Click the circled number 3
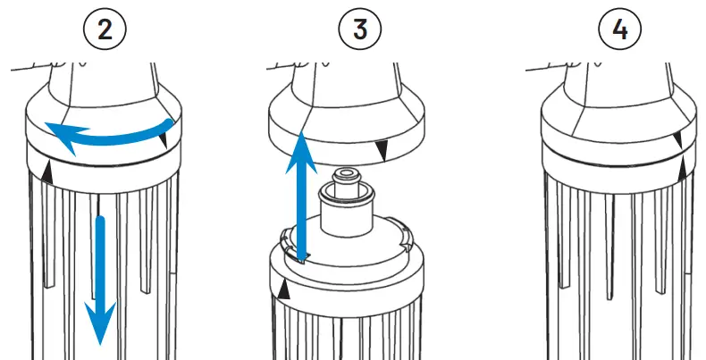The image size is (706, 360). pyautogui.click(x=360, y=29)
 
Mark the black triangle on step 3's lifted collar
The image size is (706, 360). pyautogui.click(x=382, y=154)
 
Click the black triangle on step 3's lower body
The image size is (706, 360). pyautogui.click(x=283, y=289)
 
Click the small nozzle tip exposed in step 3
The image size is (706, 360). pyautogui.click(x=345, y=175)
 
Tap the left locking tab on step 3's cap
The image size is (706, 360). pyautogui.click(x=284, y=237)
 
